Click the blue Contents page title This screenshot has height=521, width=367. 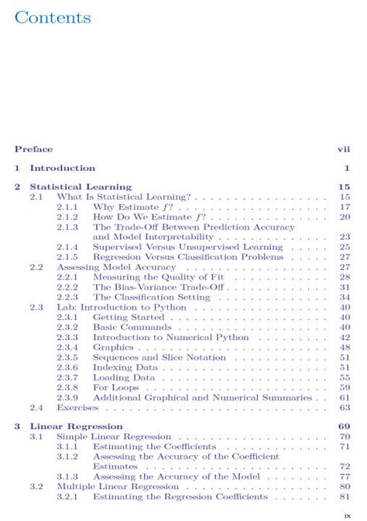(52, 17)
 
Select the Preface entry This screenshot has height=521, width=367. (33, 149)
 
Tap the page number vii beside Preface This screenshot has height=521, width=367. (345, 149)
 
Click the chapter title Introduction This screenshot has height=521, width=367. (62, 168)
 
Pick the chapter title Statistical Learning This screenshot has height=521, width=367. (81, 187)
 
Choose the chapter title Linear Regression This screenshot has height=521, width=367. (76, 427)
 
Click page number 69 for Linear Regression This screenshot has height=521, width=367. (345, 427)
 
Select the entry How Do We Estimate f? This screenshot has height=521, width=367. (145, 218)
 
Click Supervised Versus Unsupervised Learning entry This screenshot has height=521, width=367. (187, 247)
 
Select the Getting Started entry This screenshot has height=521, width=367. (129, 317)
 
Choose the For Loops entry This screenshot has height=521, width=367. (116, 387)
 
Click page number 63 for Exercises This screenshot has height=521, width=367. (345, 407)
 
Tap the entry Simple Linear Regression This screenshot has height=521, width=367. (114, 437)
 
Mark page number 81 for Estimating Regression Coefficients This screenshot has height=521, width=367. (345, 497)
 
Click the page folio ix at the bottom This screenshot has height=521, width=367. (348, 512)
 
